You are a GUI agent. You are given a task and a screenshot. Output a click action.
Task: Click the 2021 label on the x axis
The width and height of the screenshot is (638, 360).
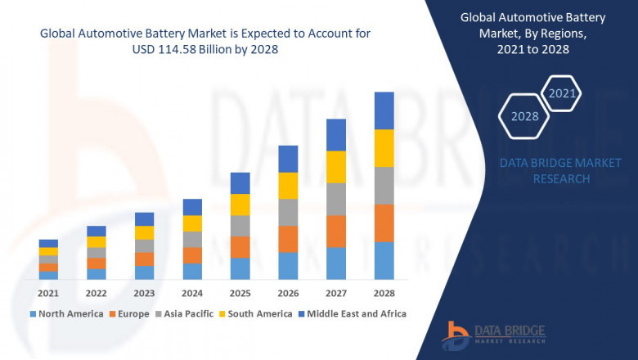click(48, 293)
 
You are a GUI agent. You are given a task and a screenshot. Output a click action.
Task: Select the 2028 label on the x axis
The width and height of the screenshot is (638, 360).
click(384, 293)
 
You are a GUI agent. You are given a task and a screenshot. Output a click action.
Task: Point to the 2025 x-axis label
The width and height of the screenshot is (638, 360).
click(240, 293)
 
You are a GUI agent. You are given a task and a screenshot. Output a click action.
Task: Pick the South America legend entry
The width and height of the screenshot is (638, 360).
click(257, 313)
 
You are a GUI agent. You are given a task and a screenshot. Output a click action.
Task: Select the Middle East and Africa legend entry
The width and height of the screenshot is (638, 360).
click(357, 313)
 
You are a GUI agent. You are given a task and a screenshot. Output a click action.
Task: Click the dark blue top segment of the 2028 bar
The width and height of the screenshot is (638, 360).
click(384, 110)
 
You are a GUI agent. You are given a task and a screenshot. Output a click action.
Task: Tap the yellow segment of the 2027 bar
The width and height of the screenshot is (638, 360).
click(335, 167)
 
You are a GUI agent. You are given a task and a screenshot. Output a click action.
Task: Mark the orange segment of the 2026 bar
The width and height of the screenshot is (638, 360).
click(288, 239)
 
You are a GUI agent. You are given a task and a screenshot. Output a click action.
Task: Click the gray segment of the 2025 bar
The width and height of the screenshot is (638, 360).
click(240, 226)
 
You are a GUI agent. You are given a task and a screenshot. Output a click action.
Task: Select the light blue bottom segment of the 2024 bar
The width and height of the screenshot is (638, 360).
click(192, 272)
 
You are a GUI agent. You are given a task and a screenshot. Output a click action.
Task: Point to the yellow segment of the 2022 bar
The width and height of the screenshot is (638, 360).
click(97, 241)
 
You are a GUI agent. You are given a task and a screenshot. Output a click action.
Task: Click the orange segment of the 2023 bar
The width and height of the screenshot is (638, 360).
click(144, 259)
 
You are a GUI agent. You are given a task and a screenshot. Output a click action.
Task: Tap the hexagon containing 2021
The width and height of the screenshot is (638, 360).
click(562, 93)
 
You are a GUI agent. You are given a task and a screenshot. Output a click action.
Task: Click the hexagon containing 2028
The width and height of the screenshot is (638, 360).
click(525, 116)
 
